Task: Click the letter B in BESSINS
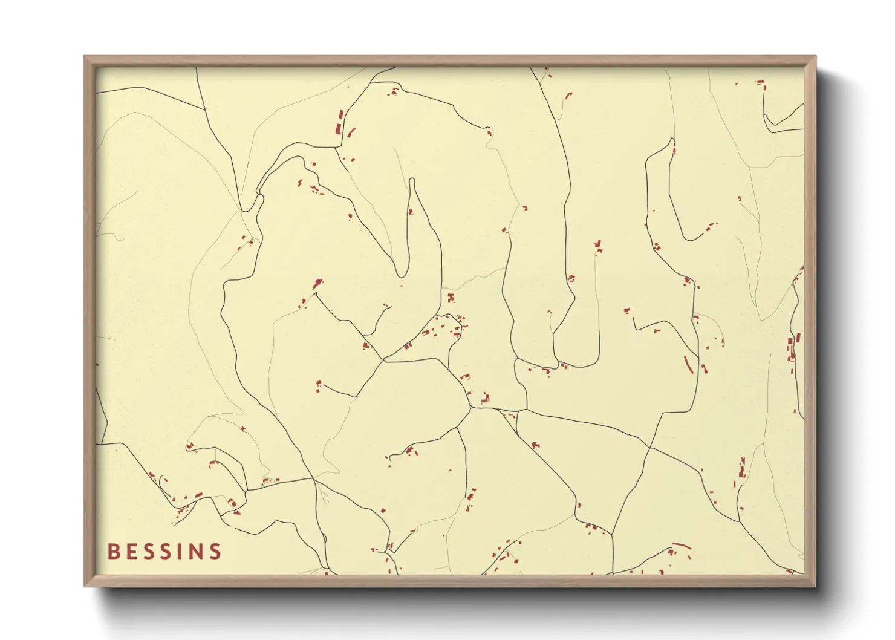pyautogui.click(x=113, y=552)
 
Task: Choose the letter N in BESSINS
pyautogui.click(x=196, y=552)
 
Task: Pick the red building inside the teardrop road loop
pyautogui.click(x=411, y=212)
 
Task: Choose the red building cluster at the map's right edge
pyautogui.click(x=791, y=348)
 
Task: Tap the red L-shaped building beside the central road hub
pyautogui.click(x=485, y=399)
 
